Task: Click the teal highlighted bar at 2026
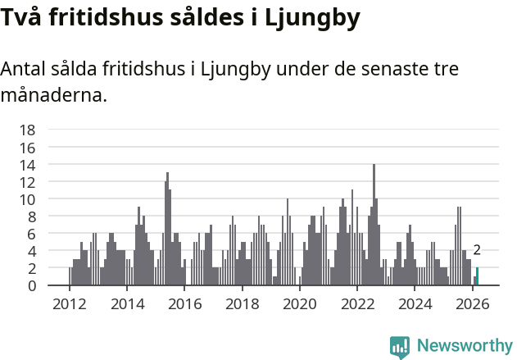tap(477, 276)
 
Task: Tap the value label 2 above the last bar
tap(477, 251)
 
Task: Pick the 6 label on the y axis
tap(31, 234)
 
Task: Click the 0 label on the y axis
tap(31, 285)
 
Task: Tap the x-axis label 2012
tap(70, 303)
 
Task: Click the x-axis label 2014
tap(127, 303)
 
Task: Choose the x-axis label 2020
tap(300, 303)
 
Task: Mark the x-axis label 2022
tap(357, 303)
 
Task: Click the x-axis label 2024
tap(415, 303)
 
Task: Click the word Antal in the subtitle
tap(25, 69)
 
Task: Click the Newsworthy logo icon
tap(400, 347)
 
